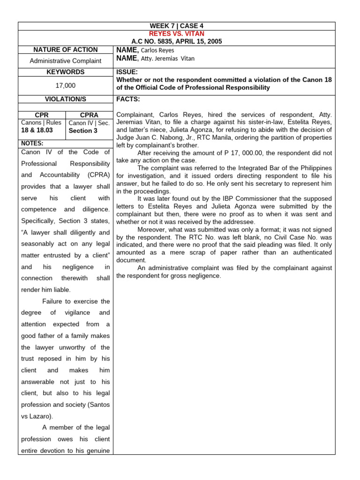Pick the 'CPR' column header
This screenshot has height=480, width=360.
(42, 115)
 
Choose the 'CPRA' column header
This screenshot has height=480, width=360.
(89, 115)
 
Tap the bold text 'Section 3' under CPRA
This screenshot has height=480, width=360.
(83, 131)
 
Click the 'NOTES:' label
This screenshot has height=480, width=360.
(32, 143)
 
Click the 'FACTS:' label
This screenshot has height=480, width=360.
(127, 99)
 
